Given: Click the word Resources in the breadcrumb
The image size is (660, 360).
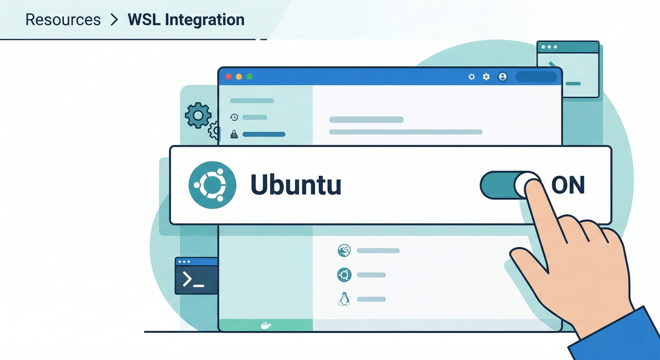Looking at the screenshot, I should tap(63, 20).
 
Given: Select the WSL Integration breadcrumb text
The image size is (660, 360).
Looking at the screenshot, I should tap(186, 20).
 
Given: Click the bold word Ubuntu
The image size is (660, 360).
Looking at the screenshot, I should tap(295, 185).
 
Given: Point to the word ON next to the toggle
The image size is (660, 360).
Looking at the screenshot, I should tap(568, 185).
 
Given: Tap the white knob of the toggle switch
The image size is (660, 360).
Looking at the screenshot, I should tap(528, 185).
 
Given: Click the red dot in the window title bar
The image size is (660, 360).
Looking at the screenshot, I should tap(229, 76).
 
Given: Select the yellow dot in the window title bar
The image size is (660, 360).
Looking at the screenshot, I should tap(239, 76).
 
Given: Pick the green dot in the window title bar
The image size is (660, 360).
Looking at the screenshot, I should tap(249, 76).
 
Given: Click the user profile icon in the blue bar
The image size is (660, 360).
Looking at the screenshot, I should tap(502, 76).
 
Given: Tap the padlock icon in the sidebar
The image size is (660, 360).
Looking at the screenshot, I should tap(234, 134).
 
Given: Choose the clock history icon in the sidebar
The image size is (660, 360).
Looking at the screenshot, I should tap(234, 117).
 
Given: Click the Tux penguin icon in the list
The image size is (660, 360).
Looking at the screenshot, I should tap(344, 299).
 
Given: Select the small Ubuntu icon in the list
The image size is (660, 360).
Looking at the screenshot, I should tap(344, 275).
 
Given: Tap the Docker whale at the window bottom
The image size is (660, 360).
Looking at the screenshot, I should tap(265, 325).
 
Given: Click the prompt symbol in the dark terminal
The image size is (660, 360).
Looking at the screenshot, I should tap(188, 280).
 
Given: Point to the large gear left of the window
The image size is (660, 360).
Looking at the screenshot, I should tap(198, 115).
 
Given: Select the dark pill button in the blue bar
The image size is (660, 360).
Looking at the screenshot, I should tap(536, 76).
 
